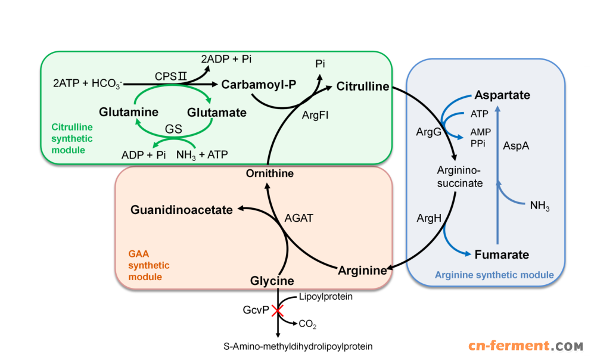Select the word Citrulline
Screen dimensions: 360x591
tap(362, 87)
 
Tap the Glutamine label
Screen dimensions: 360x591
tap(129, 112)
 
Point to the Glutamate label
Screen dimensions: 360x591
tap(216, 112)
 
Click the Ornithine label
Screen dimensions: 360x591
tap(270, 173)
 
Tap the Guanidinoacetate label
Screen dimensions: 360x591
tap(182, 209)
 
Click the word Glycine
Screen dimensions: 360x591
tap(272, 281)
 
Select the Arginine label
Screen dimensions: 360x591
tap(362, 271)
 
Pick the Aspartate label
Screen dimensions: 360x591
tap(502, 95)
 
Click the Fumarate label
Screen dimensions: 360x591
tap(502, 255)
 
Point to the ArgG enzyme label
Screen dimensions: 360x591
tap(428, 132)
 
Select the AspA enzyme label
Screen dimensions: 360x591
tap(516, 145)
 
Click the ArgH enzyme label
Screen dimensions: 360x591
tap(429, 218)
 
